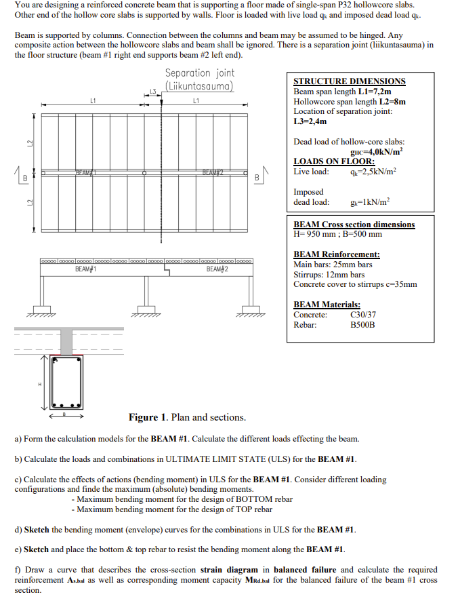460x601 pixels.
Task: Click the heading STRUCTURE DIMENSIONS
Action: [349, 81]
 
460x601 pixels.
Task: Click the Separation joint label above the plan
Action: [200, 79]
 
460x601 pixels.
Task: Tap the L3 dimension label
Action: [153, 91]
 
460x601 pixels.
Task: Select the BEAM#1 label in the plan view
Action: [85, 173]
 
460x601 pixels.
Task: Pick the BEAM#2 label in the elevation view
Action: [217, 269]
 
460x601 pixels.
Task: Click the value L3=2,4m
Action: [310, 121]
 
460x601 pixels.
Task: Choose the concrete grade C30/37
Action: [363, 315]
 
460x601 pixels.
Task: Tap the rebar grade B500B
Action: [362, 325]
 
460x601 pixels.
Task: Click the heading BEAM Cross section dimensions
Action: [354, 225]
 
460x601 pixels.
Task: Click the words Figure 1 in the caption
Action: [148, 417]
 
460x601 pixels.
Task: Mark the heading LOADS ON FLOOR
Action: [334, 161]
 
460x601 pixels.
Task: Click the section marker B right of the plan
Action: [256, 178]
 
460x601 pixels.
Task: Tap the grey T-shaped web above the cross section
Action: [66, 339]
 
